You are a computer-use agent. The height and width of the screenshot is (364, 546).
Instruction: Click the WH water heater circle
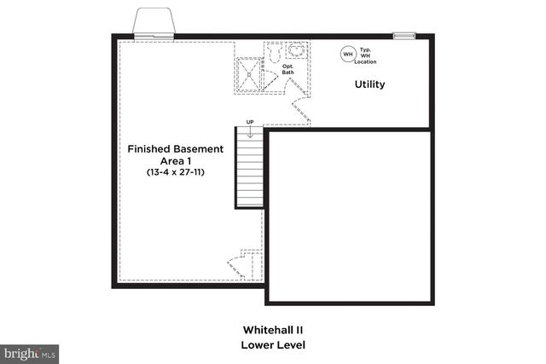click(347, 55)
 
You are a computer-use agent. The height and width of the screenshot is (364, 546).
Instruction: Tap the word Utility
click(370, 84)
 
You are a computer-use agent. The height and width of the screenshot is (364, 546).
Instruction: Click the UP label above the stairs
click(250, 122)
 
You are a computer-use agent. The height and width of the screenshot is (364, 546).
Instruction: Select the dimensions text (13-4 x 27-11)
click(176, 171)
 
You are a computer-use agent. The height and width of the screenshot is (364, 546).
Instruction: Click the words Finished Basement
click(176, 148)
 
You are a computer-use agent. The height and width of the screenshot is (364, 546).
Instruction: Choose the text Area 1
click(176, 160)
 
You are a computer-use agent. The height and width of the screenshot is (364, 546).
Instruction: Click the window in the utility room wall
click(404, 36)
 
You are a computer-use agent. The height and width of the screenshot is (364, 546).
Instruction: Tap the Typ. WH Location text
click(366, 55)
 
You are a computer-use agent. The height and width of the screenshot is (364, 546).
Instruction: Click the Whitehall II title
click(273, 329)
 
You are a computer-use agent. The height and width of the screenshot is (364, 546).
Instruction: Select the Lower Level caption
click(273, 344)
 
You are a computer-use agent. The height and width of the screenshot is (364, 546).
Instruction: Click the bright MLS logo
click(29, 352)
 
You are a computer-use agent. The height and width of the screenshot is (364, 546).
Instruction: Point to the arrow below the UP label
click(250, 132)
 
